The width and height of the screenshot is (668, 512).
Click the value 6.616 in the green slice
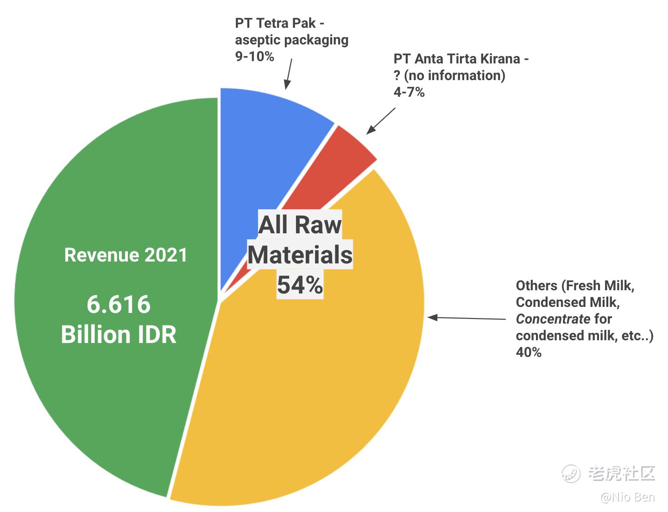coord(119,304)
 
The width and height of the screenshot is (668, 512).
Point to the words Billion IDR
coord(119,334)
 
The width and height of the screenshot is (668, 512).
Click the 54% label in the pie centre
coord(300,284)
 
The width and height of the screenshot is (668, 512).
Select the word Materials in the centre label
coord(300,255)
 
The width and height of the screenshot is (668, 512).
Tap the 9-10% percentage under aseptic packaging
coord(254,56)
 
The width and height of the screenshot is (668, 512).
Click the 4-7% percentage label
coord(409,92)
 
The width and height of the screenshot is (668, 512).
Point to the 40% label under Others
coord(529,352)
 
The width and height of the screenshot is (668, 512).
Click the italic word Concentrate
coord(553,319)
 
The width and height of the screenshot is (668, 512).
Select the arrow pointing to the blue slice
coord(288,74)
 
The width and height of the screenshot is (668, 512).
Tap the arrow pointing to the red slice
coord(381,121)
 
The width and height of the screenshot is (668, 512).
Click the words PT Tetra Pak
coord(275,23)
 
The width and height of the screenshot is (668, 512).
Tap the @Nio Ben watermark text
coord(628,497)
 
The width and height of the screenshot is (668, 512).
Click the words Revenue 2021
coord(126,255)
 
